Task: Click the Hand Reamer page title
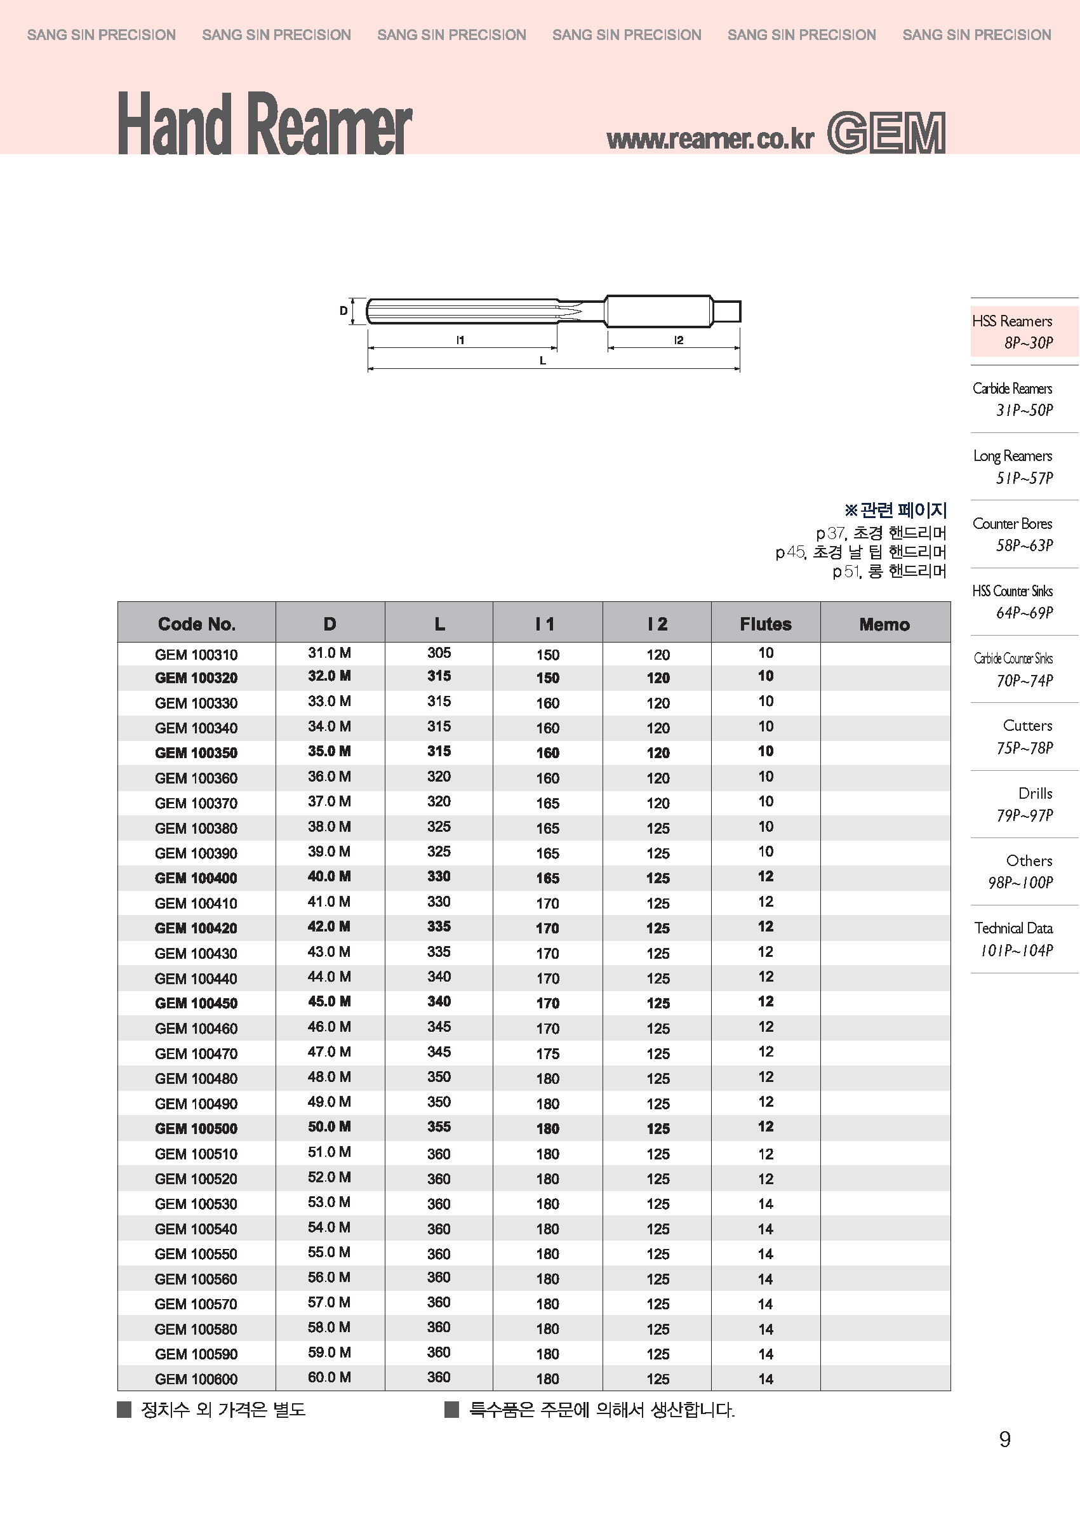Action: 264,124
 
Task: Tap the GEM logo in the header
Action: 886,133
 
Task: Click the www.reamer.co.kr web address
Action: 710,138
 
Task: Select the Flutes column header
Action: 766,624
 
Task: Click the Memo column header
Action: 884,624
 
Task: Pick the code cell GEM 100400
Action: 196,878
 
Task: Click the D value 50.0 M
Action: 329,1126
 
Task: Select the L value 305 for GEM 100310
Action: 439,653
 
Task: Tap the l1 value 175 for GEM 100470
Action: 548,1053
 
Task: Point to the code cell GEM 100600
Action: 196,1378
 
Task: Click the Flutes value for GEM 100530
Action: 766,1204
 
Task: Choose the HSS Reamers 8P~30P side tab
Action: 1012,331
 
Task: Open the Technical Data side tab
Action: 1013,938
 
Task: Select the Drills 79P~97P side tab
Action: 1024,803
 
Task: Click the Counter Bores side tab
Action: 1012,534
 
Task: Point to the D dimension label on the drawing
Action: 343,310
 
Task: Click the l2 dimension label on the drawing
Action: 678,340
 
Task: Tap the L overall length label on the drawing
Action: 543,361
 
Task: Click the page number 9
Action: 1005,1440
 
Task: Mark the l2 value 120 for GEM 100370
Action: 658,803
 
